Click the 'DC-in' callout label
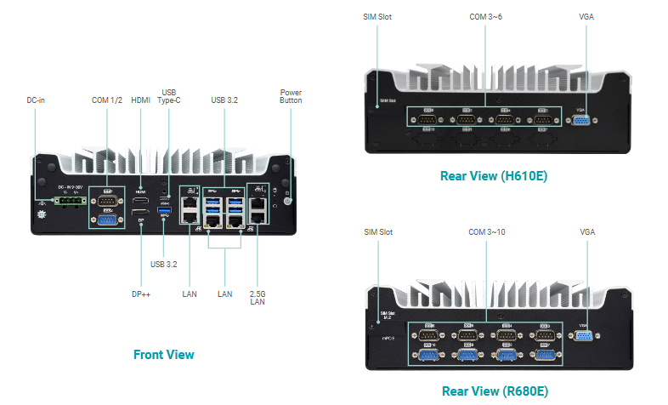(36, 100)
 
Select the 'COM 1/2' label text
(107, 100)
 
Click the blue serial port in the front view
(107, 220)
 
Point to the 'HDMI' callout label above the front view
(140, 100)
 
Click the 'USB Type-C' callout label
(169, 96)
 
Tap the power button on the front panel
(287, 199)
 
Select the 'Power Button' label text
(291, 96)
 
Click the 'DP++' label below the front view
(140, 294)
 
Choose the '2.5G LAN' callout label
(258, 299)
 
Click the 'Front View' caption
(164, 355)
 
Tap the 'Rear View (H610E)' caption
(494, 177)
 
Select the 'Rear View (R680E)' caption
(494, 391)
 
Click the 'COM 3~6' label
(486, 16)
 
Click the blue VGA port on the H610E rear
(581, 121)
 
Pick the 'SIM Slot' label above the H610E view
(378, 16)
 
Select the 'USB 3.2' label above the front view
(224, 100)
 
